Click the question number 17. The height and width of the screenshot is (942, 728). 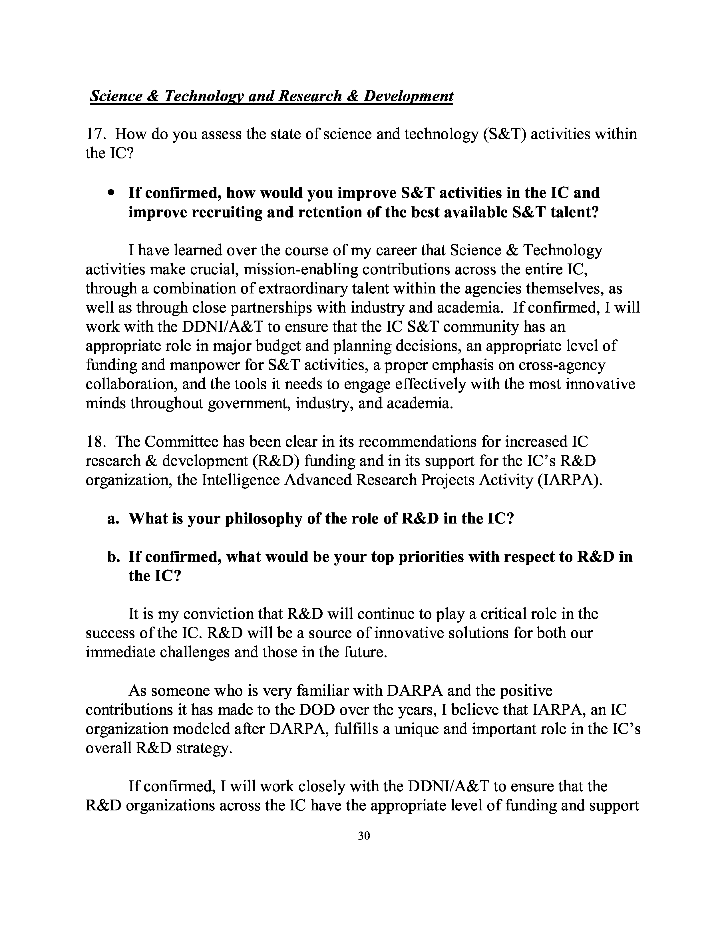pos(95,134)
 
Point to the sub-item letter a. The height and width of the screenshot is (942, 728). pos(112,518)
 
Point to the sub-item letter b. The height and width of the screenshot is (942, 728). pos(112,557)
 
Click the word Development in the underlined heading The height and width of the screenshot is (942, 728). pos(408,96)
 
